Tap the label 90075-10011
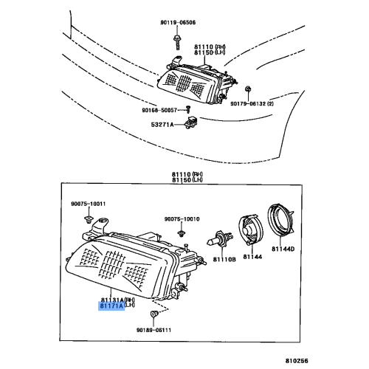(x=89, y=204)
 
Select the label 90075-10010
(x=182, y=219)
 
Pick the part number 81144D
(x=280, y=249)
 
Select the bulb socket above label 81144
(x=247, y=230)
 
